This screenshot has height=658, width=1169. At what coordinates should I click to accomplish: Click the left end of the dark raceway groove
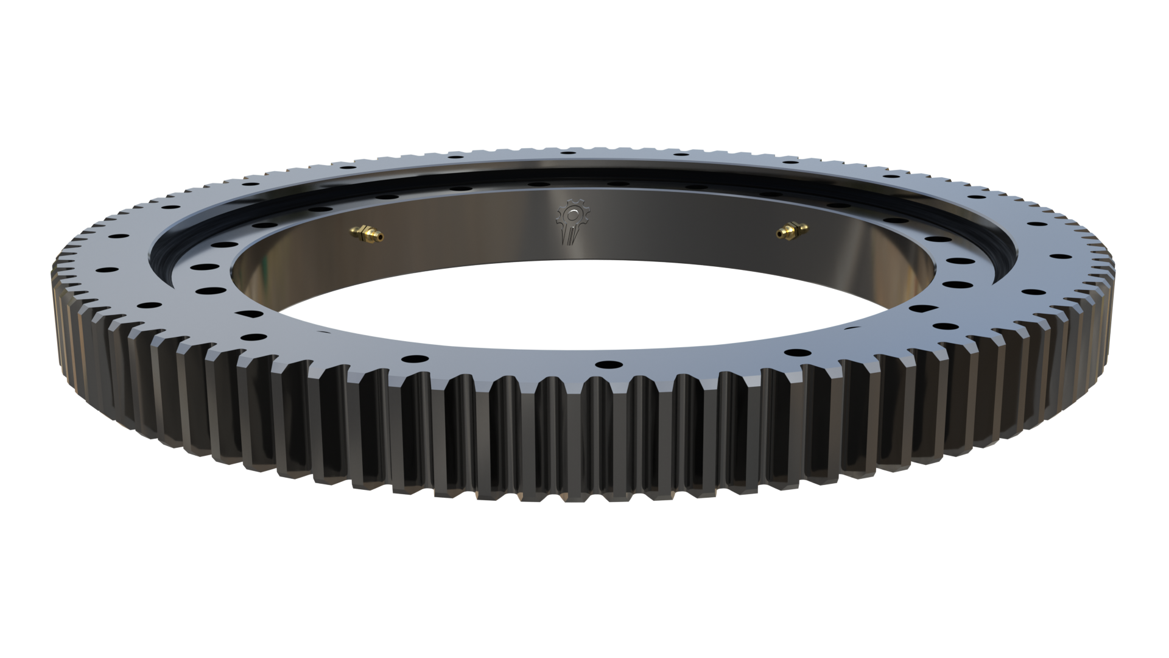(160, 256)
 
